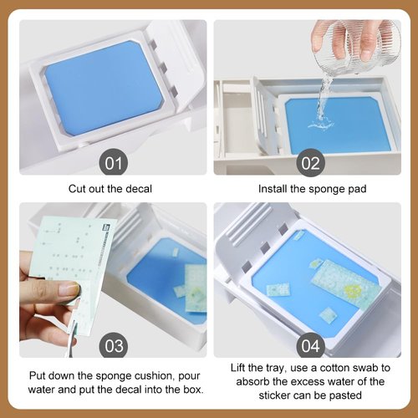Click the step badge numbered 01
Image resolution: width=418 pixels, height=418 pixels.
[x=111, y=161]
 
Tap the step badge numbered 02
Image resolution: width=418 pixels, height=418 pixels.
[x=312, y=161]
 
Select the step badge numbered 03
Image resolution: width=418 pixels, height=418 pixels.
[x=111, y=345]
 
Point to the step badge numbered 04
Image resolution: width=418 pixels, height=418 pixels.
[x=312, y=345]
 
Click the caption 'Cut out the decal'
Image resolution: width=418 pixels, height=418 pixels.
[x=113, y=189]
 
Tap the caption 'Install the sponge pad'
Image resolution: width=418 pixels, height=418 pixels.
[x=312, y=189]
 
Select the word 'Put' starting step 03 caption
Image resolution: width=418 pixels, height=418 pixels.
[x=39, y=375]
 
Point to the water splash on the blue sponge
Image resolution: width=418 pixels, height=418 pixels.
[x=321, y=121]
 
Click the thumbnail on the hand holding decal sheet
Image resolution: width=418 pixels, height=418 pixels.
[x=69, y=288]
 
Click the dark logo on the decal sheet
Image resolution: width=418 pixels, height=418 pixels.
[x=107, y=227]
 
